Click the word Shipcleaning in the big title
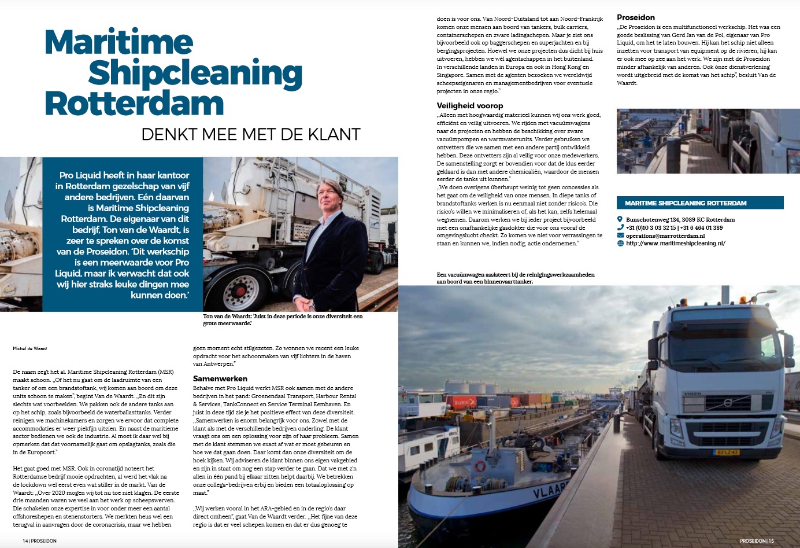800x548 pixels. pos(195,73)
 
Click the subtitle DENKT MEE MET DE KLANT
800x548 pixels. pos(251,135)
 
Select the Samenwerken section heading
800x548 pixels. pos(220,378)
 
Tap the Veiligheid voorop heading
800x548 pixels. pos(469,105)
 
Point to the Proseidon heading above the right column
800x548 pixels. pos(636,17)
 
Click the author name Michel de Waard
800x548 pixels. pos(30,348)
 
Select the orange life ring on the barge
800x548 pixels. pos(480,466)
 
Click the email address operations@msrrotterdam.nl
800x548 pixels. pos(665,236)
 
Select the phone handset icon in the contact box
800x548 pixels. pos(620,227)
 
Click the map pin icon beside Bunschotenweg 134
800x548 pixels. pos(620,219)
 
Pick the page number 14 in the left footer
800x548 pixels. pos(25,541)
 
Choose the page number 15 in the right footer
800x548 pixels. pos(771,541)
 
